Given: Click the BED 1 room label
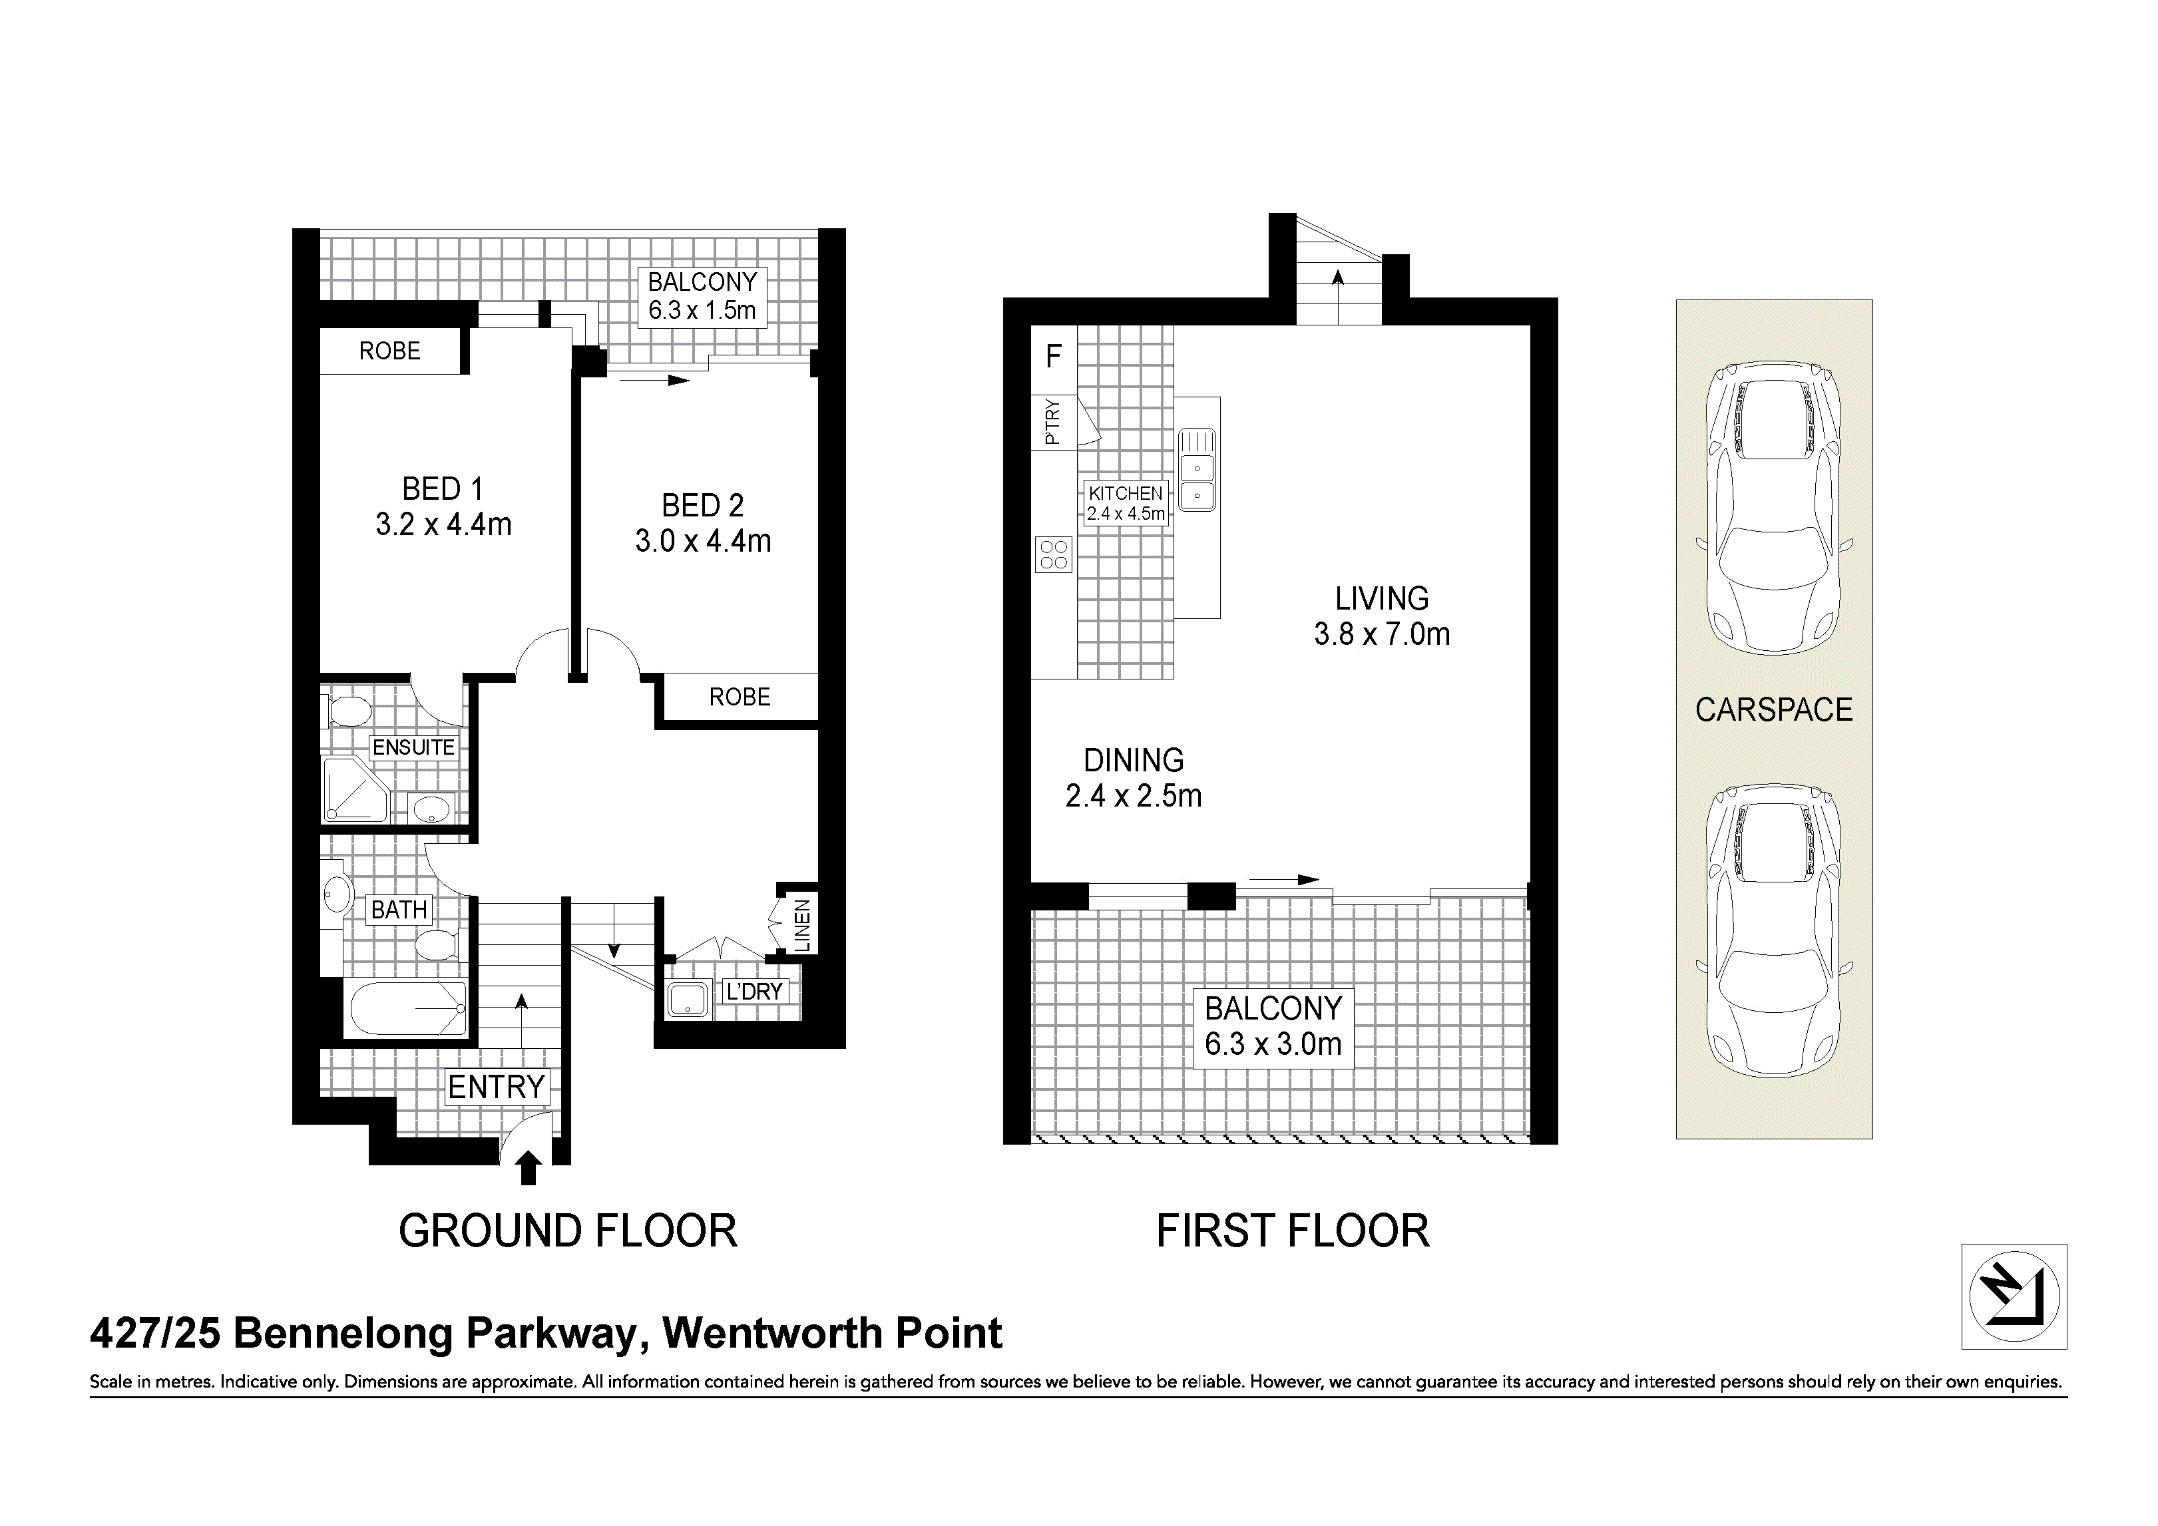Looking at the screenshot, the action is click(x=443, y=488).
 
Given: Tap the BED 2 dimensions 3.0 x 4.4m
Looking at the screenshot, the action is click(x=703, y=541).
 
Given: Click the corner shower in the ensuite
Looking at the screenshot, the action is click(x=355, y=789).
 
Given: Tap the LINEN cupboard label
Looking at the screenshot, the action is click(x=803, y=926).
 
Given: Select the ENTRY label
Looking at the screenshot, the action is click(x=497, y=1087).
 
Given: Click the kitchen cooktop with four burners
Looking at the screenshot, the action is click(x=1054, y=554).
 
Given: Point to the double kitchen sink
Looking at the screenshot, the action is click(x=1197, y=470).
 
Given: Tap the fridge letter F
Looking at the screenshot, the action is click(x=1054, y=356).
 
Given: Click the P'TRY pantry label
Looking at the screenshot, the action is click(x=1052, y=422).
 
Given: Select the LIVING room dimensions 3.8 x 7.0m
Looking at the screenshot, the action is click(x=1382, y=634).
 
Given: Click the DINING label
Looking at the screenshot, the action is click(x=1134, y=760).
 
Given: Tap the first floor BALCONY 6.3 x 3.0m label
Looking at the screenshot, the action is click(x=1273, y=1026).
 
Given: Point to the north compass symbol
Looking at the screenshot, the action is click(x=2014, y=1296).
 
